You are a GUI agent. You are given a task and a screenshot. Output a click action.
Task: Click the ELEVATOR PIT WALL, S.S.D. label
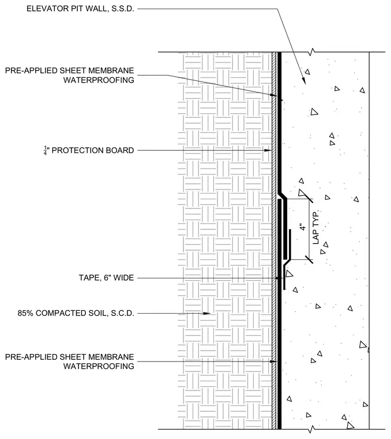coord(80,9)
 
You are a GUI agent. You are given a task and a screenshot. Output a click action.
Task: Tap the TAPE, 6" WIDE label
coord(106,278)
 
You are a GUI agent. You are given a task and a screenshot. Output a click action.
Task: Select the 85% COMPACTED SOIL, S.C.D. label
coord(76,313)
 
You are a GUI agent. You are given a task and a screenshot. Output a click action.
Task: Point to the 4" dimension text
coord(302,227)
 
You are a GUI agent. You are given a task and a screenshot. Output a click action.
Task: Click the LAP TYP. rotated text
coord(315,228)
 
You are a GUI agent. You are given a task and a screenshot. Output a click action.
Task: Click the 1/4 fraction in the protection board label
coord(46,150)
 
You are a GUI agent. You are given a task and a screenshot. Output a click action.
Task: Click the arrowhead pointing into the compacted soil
coord(206,313)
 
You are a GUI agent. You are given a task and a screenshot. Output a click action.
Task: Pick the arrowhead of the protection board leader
coord(268,150)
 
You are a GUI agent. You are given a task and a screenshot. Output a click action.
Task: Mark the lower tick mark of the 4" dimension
coord(309,259)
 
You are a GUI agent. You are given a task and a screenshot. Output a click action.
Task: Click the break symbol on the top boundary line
coord(312,52)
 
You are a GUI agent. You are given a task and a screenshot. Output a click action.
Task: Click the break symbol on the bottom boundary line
coord(311,429)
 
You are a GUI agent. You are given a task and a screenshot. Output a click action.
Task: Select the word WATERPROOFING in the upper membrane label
coord(99,80)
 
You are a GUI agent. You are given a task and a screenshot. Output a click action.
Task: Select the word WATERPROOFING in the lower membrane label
coord(99,366)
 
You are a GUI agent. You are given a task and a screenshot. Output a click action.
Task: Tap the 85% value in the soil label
coord(25,313)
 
